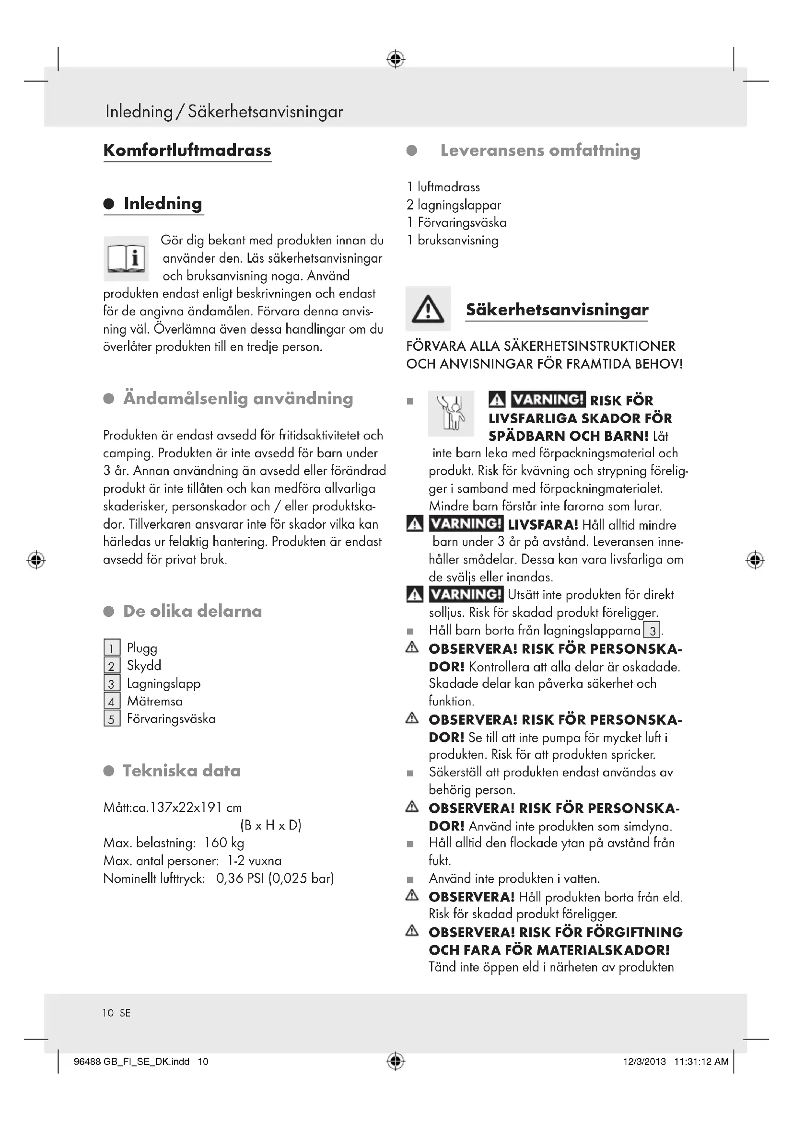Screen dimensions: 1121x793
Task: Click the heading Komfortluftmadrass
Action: [187, 150]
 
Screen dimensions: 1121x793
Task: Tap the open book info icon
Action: [126, 258]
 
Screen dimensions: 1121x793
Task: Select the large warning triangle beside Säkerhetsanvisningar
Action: [428, 309]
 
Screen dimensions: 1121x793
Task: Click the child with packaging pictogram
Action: [451, 413]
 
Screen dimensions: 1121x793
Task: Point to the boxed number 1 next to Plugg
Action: [112, 648]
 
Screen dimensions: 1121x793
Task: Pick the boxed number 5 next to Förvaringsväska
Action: [112, 719]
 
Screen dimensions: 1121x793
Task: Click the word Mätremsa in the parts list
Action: [155, 701]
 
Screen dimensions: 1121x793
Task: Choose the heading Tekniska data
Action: [182, 771]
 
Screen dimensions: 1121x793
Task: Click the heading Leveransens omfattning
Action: [540, 150]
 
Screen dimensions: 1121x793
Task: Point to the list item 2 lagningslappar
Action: [454, 205]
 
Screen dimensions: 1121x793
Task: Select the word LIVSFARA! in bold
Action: [543, 525]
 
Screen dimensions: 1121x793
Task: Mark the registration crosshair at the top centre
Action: [396, 59]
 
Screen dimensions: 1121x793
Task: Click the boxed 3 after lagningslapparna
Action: [652, 631]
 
